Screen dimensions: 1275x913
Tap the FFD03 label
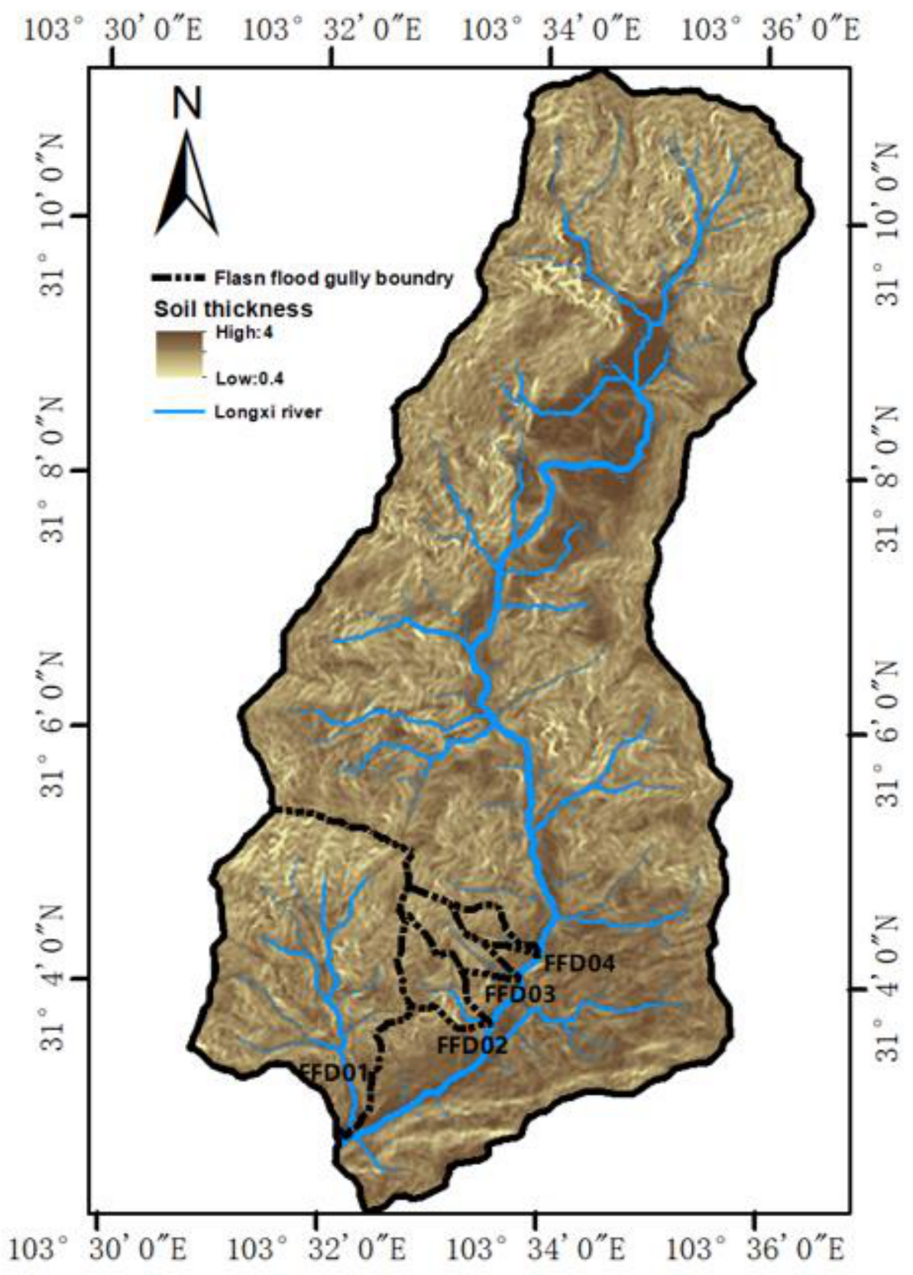520,995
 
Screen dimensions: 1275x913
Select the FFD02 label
471,1044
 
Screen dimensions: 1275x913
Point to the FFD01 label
334,1072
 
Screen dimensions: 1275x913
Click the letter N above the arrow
187,102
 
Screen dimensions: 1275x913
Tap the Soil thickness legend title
233,309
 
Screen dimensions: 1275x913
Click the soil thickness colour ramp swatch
179,354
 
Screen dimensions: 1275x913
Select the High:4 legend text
244,333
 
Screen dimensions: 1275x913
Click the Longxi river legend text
267,413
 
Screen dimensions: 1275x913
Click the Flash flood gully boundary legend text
334,278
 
